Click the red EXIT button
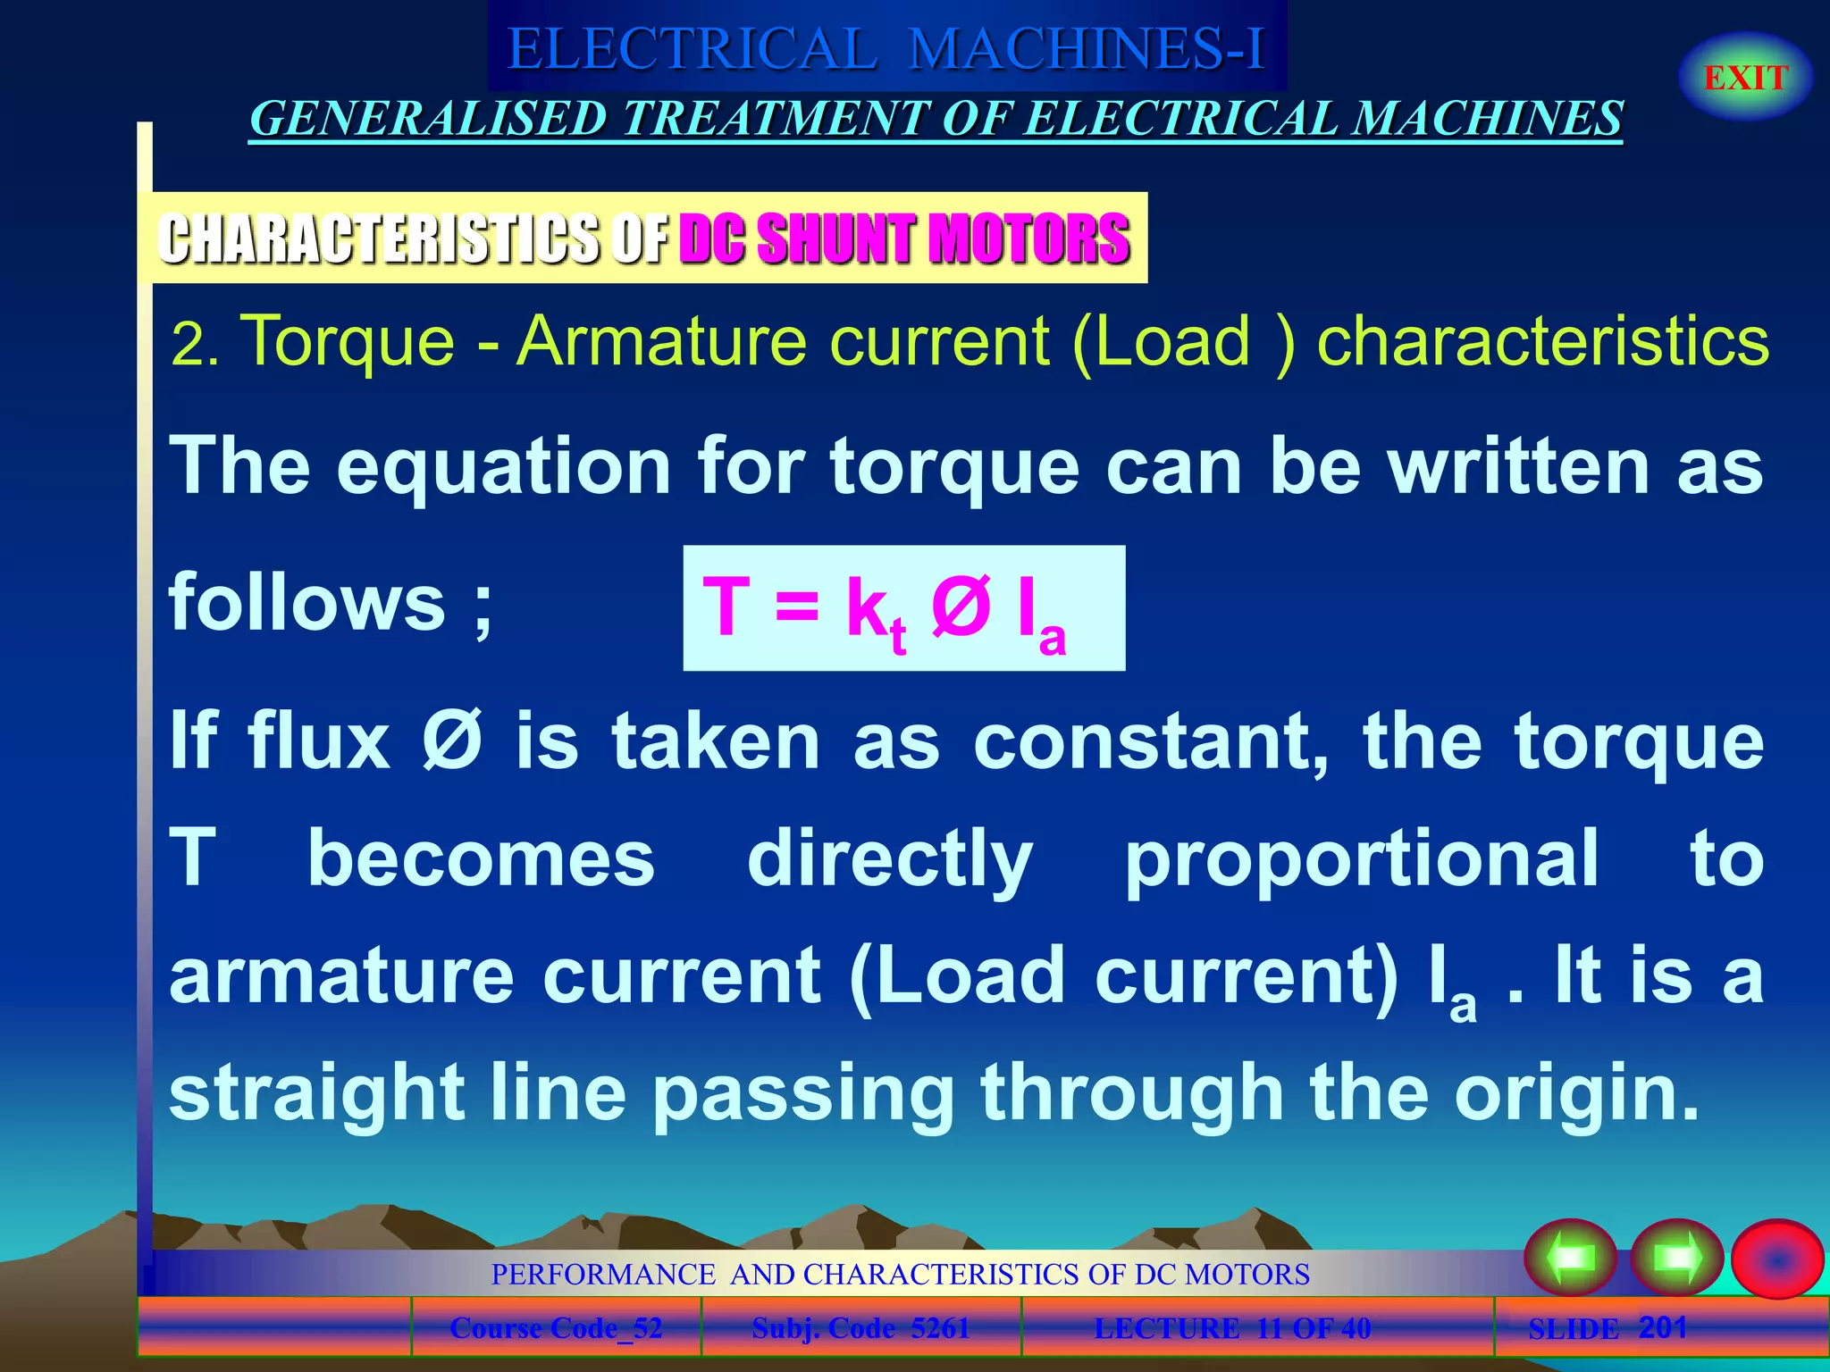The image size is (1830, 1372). click(x=1745, y=78)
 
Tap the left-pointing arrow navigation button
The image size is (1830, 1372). click(x=1570, y=1259)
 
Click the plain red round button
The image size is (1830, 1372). click(x=1776, y=1259)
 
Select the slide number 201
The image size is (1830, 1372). click(x=1662, y=1327)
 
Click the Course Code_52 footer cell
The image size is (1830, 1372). click(x=556, y=1328)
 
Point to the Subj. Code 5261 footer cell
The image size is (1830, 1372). click(x=860, y=1328)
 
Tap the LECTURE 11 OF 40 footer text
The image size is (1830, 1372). click(x=1232, y=1328)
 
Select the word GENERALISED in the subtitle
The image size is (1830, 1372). click(x=428, y=119)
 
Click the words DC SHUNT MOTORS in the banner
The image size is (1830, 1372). click(x=904, y=238)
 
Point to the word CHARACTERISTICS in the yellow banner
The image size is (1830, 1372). click(x=380, y=238)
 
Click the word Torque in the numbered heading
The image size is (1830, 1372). click(x=348, y=340)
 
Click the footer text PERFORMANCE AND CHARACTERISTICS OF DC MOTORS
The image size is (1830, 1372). click(x=900, y=1274)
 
